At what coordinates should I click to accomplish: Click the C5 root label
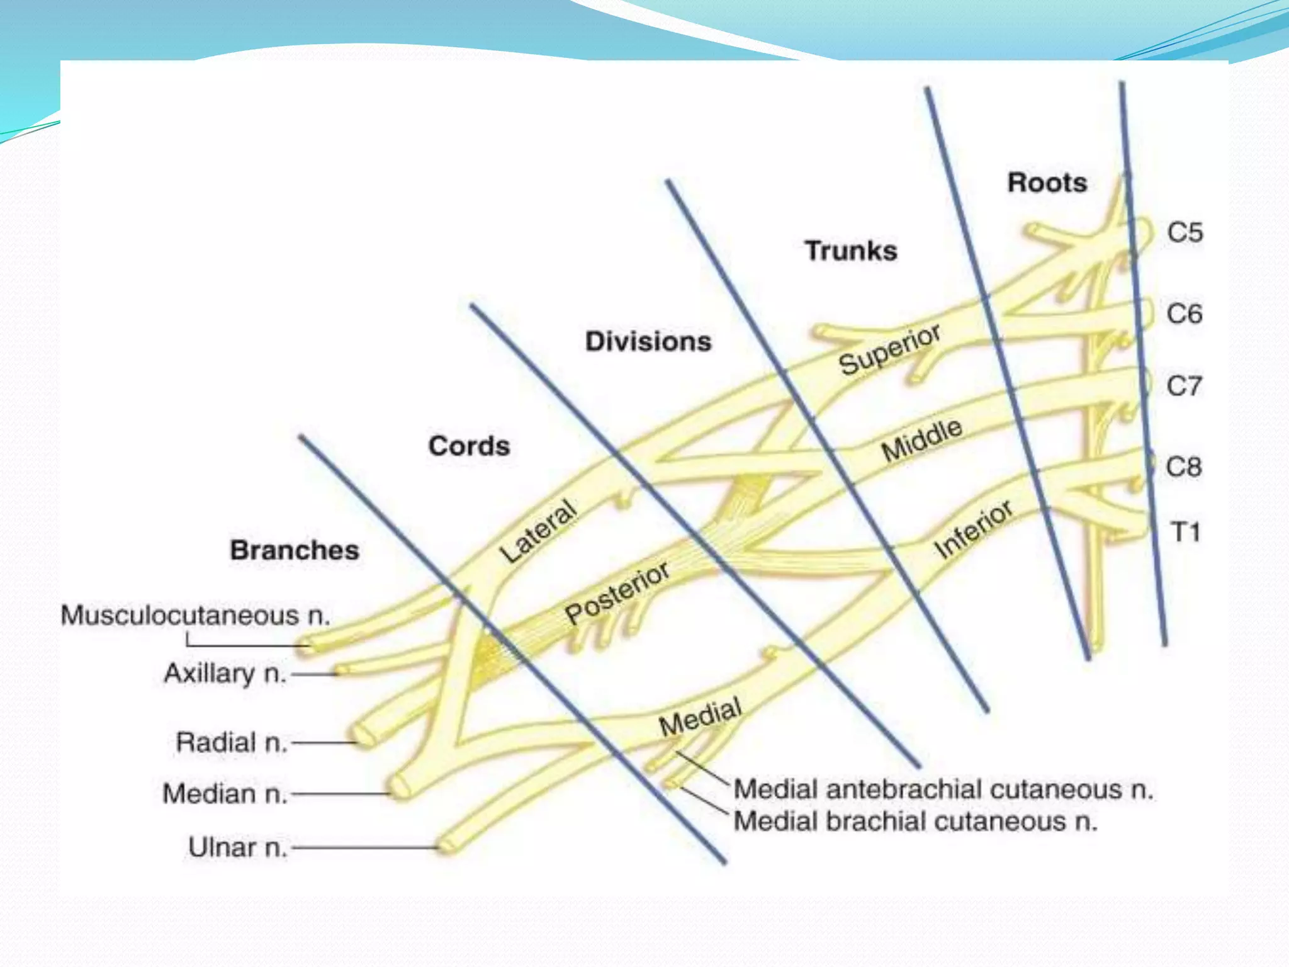tap(1185, 232)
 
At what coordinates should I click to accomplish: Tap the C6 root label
tap(1184, 314)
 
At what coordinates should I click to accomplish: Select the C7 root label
tap(1184, 386)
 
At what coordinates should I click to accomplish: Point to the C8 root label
tap(1183, 467)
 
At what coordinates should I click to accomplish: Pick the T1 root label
tap(1185, 533)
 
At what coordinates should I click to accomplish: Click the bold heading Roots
tap(1047, 183)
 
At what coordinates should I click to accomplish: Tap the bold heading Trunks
tap(851, 251)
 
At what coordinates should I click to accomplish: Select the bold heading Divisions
tap(648, 341)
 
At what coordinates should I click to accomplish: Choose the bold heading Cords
tap(469, 446)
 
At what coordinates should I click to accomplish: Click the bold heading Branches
tap(295, 550)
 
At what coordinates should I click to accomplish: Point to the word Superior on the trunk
tap(890, 349)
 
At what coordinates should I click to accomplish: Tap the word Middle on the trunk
tap(921, 439)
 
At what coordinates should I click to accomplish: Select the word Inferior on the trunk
tap(973, 529)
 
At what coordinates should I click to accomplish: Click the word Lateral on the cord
tap(538, 531)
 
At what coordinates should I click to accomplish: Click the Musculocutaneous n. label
tap(195, 615)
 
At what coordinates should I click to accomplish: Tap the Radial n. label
tap(231, 742)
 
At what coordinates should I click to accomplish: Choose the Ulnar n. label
tap(237, 847)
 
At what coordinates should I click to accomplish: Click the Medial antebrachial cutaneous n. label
tap(943, 789)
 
